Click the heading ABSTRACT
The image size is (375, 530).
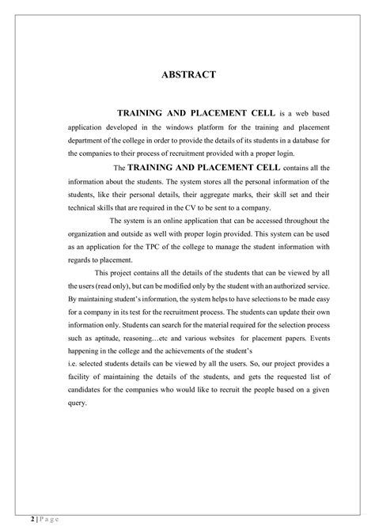187,75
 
